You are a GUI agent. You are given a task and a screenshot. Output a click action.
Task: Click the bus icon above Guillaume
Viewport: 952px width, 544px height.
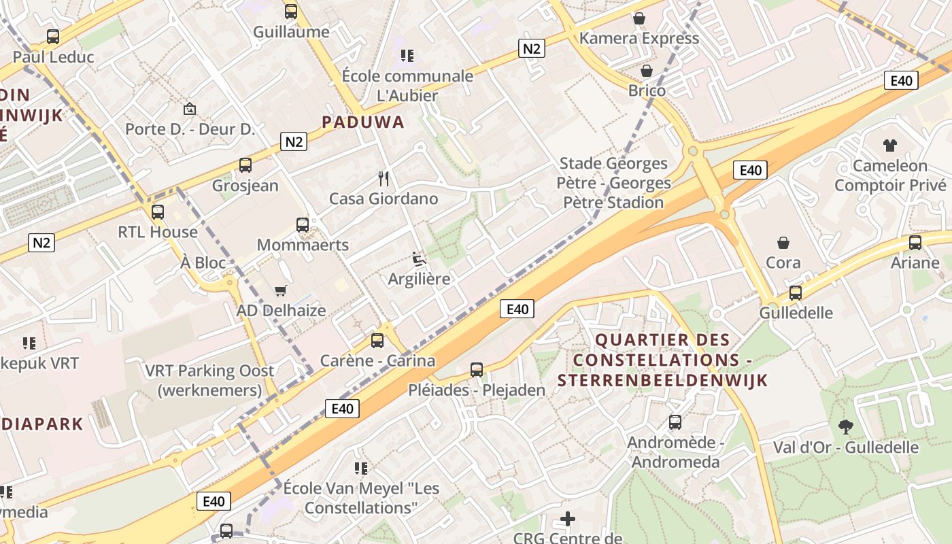(x=291, y=12)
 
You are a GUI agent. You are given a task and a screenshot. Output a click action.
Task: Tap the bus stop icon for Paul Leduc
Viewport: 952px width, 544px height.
(x=53, y=37)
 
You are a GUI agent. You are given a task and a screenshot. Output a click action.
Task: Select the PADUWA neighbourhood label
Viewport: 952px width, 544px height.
(x=362, y=122)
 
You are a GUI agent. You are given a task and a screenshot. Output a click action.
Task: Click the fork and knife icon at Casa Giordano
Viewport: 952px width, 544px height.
(x=384, y=179)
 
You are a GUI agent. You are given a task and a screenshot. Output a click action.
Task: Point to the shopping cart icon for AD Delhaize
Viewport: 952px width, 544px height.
(x=280, y=291)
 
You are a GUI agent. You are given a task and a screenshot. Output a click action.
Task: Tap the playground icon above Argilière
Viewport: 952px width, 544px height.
(x=419, y=259)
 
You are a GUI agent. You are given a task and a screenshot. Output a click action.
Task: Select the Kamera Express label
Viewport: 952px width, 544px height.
(x=639, y=38)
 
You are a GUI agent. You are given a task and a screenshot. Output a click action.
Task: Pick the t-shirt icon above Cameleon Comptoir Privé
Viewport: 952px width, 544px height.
(x=889, y=145)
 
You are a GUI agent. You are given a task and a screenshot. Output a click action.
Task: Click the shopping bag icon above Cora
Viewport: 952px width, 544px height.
(x=783, y=243)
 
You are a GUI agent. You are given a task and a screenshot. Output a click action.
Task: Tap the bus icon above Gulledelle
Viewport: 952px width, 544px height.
(x=795, y=293)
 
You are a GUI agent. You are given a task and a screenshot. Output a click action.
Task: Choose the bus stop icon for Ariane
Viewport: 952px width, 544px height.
(x=915, y=243)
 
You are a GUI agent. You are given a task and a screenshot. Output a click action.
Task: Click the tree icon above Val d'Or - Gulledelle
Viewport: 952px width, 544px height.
(x=846, y=427)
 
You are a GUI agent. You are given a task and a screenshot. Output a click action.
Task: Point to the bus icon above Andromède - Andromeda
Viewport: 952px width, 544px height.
(x=675, y=422)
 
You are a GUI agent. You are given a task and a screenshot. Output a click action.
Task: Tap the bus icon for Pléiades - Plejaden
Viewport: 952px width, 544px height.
(x=477, y=370)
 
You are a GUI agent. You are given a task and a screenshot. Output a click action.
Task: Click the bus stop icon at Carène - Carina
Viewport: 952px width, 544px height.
(x=377, y=341)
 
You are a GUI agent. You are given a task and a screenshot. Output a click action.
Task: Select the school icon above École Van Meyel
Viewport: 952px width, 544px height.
(x=360, y=469)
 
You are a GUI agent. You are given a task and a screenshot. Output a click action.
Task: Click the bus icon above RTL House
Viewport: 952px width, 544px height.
(x=158, y=212)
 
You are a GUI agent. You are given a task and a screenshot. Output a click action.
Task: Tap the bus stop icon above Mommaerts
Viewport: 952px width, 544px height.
(x=303, y=225)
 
